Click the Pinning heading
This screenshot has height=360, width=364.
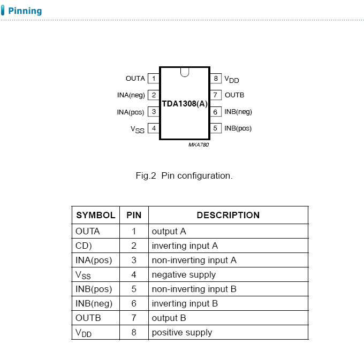(25, 11)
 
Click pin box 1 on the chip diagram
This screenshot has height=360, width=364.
(154, 79)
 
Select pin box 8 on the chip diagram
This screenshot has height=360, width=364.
(216, 79)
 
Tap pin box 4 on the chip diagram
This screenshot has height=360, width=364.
(154, 128)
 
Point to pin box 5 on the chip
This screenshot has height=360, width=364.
(216, 128)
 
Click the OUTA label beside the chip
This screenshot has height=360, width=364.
(135, 79)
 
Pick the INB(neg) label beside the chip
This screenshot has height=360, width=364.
(238, 112)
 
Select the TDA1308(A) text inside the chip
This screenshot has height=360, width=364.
(185, 104)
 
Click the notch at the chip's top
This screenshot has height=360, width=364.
(185, 72)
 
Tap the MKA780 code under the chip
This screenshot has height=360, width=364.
(198, 144)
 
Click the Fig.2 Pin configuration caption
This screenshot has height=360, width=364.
(184, 175)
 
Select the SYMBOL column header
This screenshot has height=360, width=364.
(96, 216)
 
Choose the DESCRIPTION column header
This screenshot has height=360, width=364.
(228, 216)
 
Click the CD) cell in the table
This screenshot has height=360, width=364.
(84, 246)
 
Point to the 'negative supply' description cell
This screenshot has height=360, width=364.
(184, 275)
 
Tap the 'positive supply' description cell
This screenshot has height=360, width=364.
(182, 333)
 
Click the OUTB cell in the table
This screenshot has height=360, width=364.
(88, 318)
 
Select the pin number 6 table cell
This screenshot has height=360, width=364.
(134, 304)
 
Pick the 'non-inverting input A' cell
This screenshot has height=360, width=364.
(194, 261)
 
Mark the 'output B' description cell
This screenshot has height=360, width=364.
(169, 318)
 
